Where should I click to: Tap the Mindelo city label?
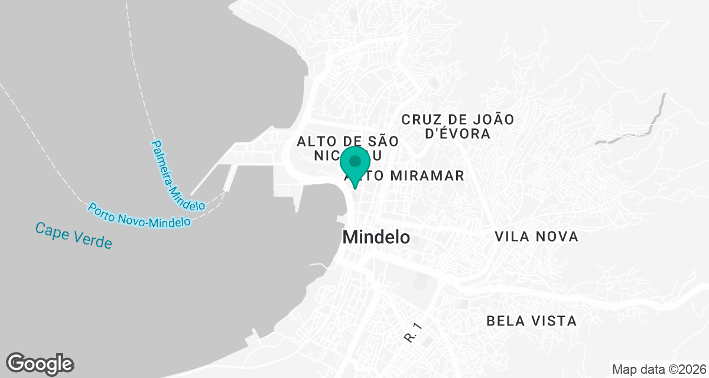coord(376,237)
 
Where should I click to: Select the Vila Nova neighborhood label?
coord(536,237)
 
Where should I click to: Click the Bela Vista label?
coord(531,321)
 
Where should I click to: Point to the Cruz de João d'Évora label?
coord(458,126)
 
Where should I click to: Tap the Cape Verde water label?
coord(73,235)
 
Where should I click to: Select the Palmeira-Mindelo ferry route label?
coord(178,175)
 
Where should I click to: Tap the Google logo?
coord(40,364)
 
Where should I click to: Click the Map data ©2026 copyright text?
coord(659,369)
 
